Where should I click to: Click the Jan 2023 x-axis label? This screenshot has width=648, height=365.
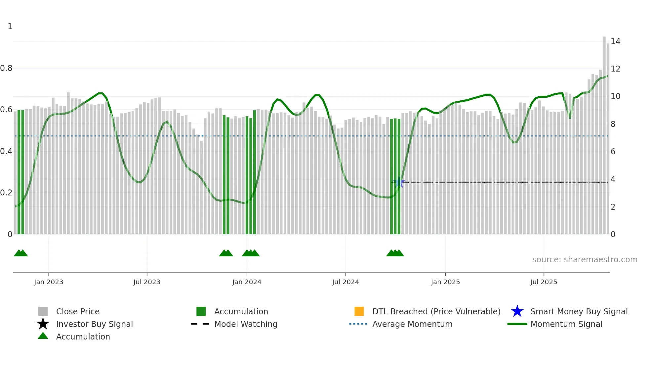click(49, 282)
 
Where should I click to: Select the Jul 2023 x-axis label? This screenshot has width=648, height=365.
click(147, 282)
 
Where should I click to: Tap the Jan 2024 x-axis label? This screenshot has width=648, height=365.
click(247, 282)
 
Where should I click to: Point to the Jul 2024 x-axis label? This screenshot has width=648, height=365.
click(345, 282)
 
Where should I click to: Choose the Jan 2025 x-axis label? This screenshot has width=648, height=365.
click(445, 282)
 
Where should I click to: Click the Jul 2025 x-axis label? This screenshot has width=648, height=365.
click(544, 282)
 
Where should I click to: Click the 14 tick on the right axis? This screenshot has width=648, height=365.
click(615, 41)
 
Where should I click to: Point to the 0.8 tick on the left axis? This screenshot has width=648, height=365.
click(6, 69)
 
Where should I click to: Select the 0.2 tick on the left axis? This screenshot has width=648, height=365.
click(6, 193)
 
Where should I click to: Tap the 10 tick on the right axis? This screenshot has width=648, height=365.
click(615, 96)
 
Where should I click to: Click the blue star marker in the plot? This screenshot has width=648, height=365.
click(399, 182)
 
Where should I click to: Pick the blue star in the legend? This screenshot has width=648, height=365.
click(517, 311)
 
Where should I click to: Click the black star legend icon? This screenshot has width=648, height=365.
click(43, 324)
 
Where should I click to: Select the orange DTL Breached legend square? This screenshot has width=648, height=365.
click(359, 311)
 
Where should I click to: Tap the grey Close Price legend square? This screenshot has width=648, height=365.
click(43, 311)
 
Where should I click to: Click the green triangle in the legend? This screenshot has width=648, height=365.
click(43, 336)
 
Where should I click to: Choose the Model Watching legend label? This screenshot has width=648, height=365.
click(246, 324)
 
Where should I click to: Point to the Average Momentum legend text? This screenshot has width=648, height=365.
click(412, 324)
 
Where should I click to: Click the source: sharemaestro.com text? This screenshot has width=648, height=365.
click(585, 260)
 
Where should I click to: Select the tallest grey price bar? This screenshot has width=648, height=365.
click(604, 136)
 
